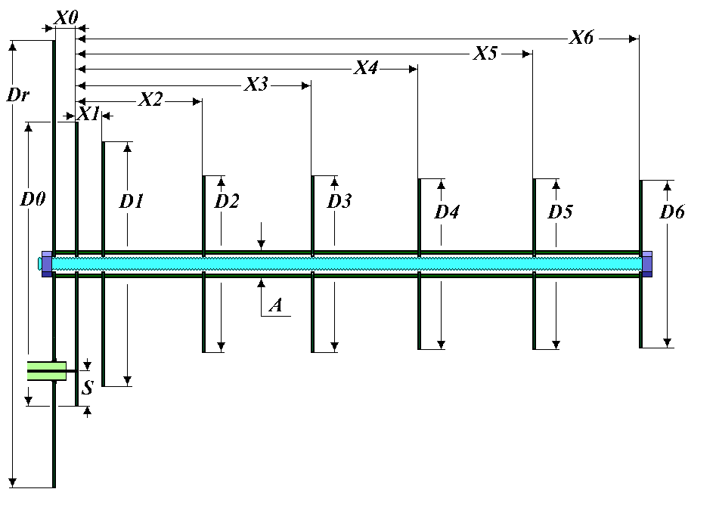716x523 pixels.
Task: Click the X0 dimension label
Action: click(x=67, y=18)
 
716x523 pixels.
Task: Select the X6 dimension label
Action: click(x=581, y=38)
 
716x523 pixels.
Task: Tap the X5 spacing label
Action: click(x=485, y=54)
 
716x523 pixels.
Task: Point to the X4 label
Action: click(x=366, y=68)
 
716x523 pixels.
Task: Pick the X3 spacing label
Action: click(x=256, y=85)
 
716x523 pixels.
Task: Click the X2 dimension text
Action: click(x=150, y=100)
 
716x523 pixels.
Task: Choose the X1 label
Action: click(x=88, y=114)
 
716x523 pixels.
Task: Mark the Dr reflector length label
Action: click(x=18, y=95)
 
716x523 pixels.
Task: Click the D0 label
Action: click(x=33, y=200)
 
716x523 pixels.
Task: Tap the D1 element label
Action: click(x=132, y=201)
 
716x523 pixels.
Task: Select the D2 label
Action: click(x=227, y=201)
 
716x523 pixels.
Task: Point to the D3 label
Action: click(x=339, y=201)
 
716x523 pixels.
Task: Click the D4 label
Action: click(x=447, y=212)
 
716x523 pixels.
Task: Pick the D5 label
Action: click(x=560, y=212)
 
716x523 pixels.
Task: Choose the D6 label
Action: click(x=672, y=212)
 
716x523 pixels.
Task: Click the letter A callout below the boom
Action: click(x=275, y=305)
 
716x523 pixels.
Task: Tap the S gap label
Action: click(x=87, y=388)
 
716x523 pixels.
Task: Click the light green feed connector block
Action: click(x=47, y=371)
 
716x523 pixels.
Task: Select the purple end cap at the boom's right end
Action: click(x=647, y=264)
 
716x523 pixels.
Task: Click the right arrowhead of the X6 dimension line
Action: click(x=634, y=39)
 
